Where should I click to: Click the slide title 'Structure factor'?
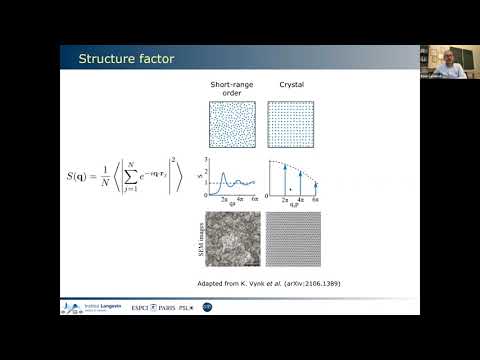coord(127,60)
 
